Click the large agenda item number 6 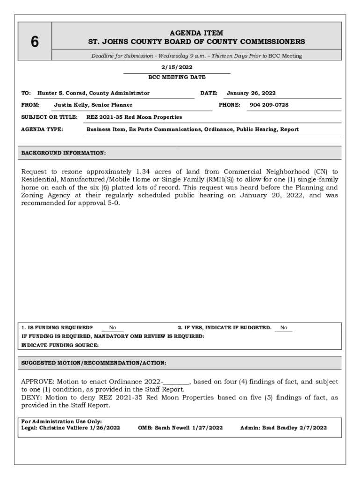click(x=35, y=42)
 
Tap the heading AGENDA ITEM click(x=196, y=33)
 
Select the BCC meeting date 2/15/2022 click(x=177, y=67)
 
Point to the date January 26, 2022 click(x=251, y=93)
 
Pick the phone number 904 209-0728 click(x=269, y=105)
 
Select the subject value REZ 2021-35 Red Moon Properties click(x=134, y=117)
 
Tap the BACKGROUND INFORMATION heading click(x=64, y=153)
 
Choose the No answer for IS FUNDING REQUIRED click(x=113, y=328)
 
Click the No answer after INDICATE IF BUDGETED click(x=284, y=328)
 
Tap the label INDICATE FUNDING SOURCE click(x=60, y=345)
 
